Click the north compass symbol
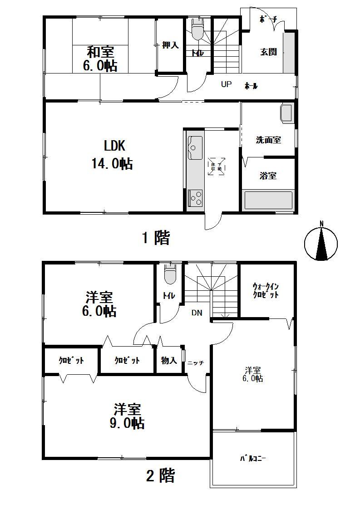[x=321, y=243]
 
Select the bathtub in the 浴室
[x=268, y=200]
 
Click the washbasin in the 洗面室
[x=287, y=113]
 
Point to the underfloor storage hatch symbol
[x=216, y=166]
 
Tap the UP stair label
[x=226, y=84]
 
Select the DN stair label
[x=197, y=313]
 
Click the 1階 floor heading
[x=157, y=237]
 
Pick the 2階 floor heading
[x=160, y=476]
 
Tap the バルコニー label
[x=253, y=459]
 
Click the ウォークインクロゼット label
[x=266, y=291]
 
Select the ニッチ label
[x=196, y=363]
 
